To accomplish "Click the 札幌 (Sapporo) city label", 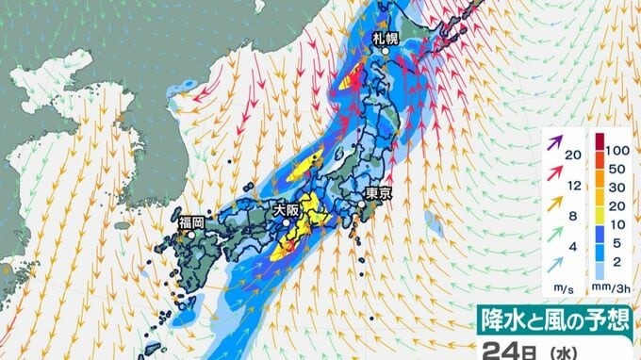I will click(x=385, y=38).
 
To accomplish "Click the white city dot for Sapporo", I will click(x=386, y=54).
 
